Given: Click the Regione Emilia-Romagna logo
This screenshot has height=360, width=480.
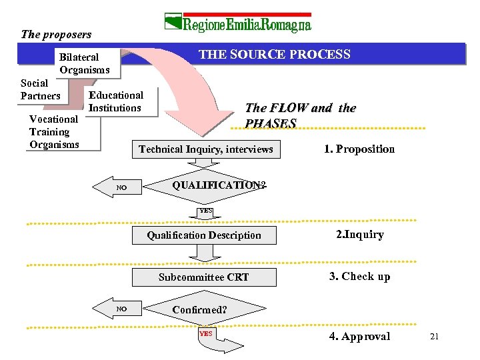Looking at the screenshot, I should [x=238, y=24].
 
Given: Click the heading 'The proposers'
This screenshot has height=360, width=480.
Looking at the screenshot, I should [x=56, y=34].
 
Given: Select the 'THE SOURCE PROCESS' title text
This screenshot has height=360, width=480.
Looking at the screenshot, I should [x=275, y=55].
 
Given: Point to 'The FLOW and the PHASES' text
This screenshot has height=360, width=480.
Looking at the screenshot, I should [x=300, y=115].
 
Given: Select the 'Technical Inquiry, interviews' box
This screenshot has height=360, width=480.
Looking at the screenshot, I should [x=205, y=149].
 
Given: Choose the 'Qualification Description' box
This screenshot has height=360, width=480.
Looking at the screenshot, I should [x=204, y=235].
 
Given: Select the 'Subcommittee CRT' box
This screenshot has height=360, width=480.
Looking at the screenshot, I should [x=204, y=277].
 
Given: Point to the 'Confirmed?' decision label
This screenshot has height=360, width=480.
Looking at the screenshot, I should [x=200, y=310].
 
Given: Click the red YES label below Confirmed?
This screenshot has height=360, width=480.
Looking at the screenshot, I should [x=206, y=333].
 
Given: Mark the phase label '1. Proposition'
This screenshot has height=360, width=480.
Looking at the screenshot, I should [x=359, y=149].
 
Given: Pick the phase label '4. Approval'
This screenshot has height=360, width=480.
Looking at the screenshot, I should [x=359, y=336].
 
